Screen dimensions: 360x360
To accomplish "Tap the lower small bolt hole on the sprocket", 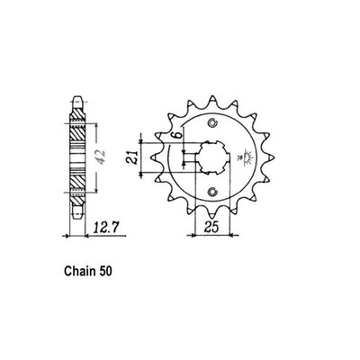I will [211, 193].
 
